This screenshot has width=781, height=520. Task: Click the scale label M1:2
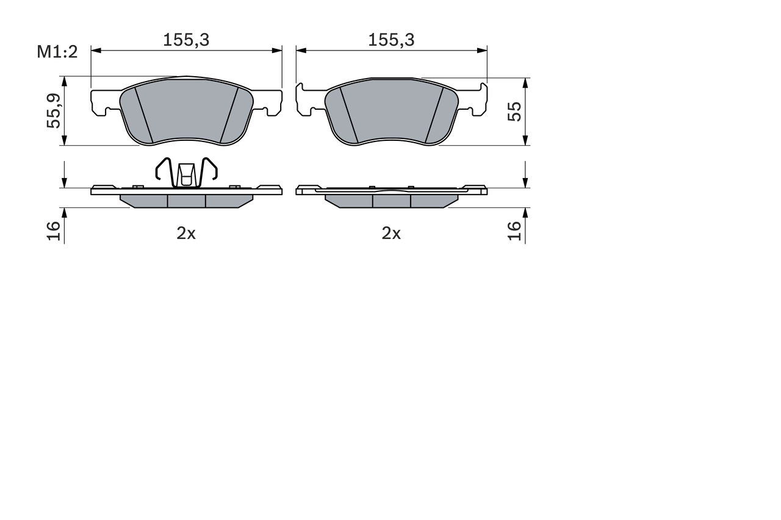[57, 52]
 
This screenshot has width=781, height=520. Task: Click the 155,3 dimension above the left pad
[186, 40]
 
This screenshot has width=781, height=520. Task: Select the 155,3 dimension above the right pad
[391, 40]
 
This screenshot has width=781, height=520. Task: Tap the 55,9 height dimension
[54, 111]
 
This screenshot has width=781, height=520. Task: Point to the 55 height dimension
[516, 111]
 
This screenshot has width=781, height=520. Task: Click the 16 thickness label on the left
[54, 230]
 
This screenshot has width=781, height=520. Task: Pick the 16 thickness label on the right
[516, 230]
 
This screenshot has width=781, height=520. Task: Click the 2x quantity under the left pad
[186, 233]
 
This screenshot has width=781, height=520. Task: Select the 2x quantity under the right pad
[391, 233]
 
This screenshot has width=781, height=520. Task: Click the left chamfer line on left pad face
[143, 114]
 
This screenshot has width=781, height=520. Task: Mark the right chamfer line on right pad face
[434, 114]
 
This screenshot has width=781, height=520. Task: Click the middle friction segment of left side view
[186, 201]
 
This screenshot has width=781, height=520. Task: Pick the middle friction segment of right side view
[391, 201]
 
